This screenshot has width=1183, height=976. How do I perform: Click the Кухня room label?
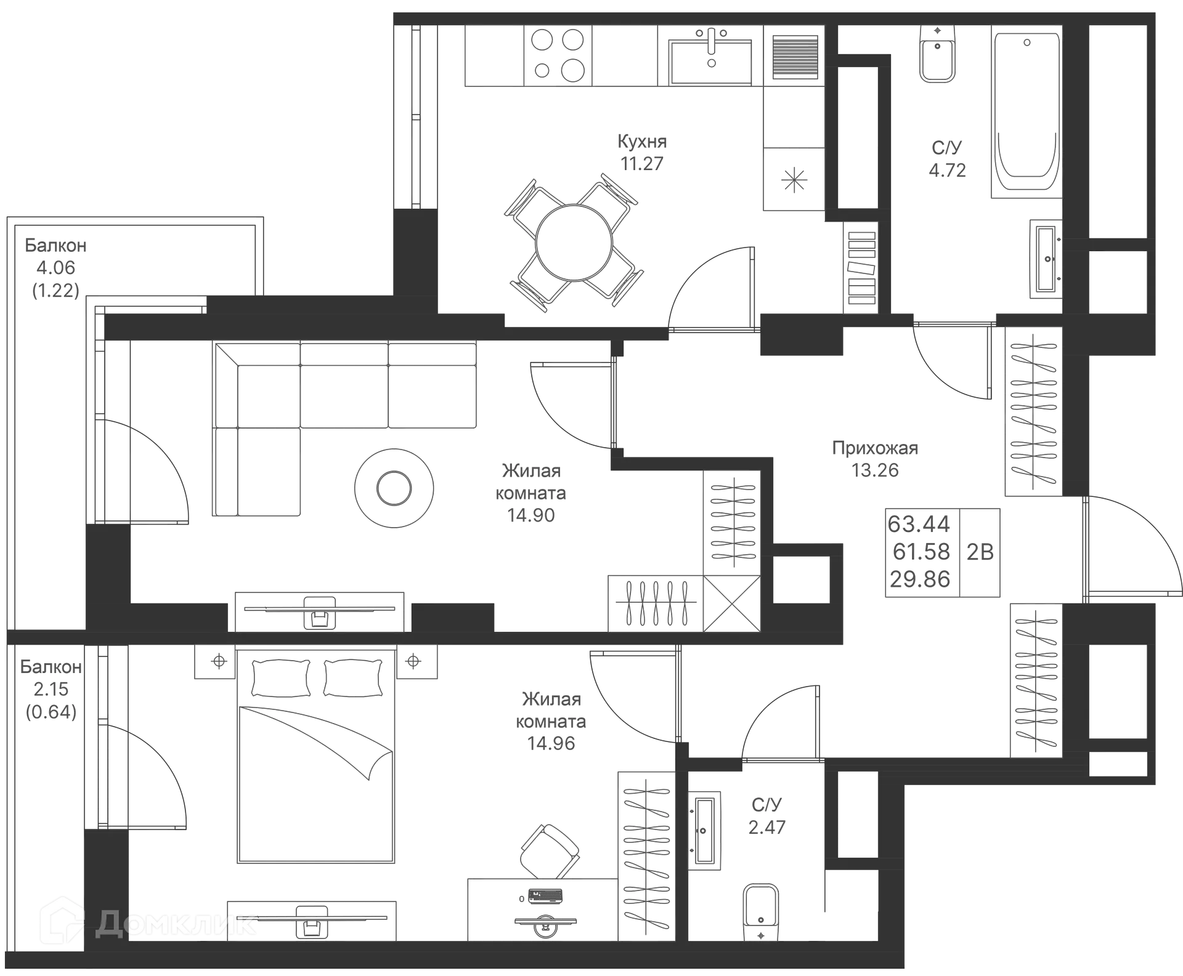click(x=642, y=141)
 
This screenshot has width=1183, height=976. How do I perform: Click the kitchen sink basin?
click(x=712, y=60)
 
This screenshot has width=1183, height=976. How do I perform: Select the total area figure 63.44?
click(x=919, y=524)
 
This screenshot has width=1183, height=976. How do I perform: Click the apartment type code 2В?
click(x=980, y=552)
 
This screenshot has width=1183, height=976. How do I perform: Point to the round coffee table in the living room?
click(x=394, y=488)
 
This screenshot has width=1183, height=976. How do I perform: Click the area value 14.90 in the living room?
click(x=531, y=515)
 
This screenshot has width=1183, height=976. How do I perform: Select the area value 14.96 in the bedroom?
click(x=551, y=744)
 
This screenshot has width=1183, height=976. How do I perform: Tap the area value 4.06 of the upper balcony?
click(x=55, y=268)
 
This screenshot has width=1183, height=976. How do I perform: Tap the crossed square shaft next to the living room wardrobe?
click(x=731, y=603)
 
